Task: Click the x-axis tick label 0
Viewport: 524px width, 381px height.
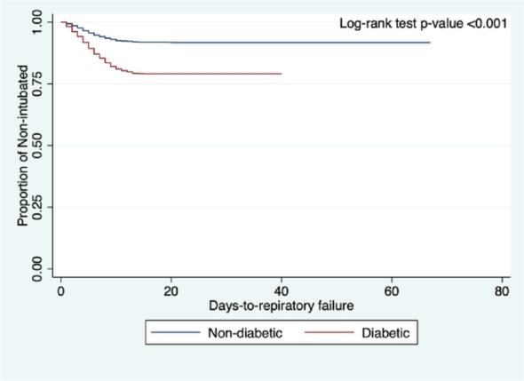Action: (x=60, y=290)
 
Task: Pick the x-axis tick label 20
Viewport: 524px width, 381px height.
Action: (x=171, y=290)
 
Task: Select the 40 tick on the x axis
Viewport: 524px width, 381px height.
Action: (x=281, y=290)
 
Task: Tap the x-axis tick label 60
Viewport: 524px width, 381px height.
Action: (x=391, y=290)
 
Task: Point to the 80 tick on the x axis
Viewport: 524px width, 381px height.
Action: (x=501, y=290)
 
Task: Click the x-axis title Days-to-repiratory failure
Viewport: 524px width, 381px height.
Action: (x=281, y=306)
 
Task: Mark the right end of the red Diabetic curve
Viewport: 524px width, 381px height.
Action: (x=281, y=74)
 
